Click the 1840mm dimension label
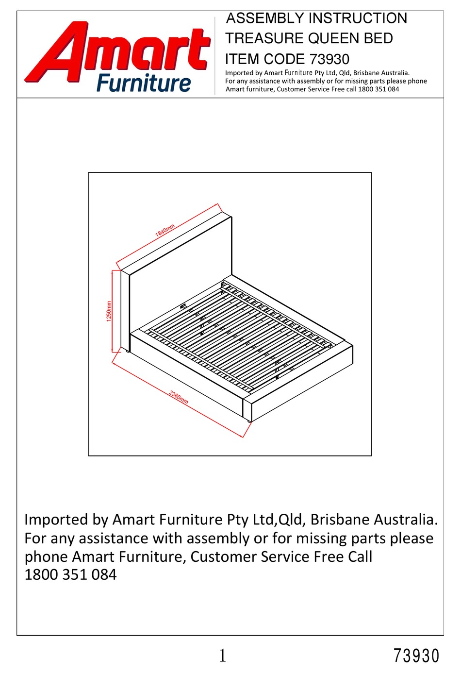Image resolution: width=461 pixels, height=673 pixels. point(165,231)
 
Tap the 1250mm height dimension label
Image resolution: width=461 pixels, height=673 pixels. point(109,311)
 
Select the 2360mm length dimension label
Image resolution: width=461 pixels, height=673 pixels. point(179,397)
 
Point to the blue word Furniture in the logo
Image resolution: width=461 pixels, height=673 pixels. point(144,83)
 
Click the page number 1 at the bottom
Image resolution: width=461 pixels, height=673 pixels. point(222,656)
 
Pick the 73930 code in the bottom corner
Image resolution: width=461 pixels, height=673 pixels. point(416,656)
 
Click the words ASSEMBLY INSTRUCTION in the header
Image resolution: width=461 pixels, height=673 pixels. point(317,18)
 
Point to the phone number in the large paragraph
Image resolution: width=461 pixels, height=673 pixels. point(70,575)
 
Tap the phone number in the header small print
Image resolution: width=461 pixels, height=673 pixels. point(379,89)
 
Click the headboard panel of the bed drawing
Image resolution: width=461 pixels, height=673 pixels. point(180,272)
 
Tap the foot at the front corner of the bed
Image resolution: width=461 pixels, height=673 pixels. point(249,420)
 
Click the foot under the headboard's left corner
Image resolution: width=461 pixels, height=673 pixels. point(128,351)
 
